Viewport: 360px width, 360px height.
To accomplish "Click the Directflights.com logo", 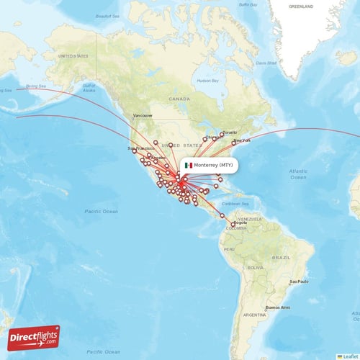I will [x=34, y=337].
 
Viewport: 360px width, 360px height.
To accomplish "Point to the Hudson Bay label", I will [x=208, y=81].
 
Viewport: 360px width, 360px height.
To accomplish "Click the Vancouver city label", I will [x=143, y=115].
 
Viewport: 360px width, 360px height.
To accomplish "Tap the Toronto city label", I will [x=230, y=132].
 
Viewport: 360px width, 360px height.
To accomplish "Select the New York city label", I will [x=243, y=140].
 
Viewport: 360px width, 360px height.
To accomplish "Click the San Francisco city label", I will [x=141, y=148].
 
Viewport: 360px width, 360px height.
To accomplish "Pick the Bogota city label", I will [x=240, y=222].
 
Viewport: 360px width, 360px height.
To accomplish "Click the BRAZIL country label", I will [x=282, y=256].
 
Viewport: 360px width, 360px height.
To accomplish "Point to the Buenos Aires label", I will [x=278, y=307].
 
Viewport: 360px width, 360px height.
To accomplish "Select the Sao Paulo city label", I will [x=299, y=282].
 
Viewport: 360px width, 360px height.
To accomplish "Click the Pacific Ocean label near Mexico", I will [x=101, y=211].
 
